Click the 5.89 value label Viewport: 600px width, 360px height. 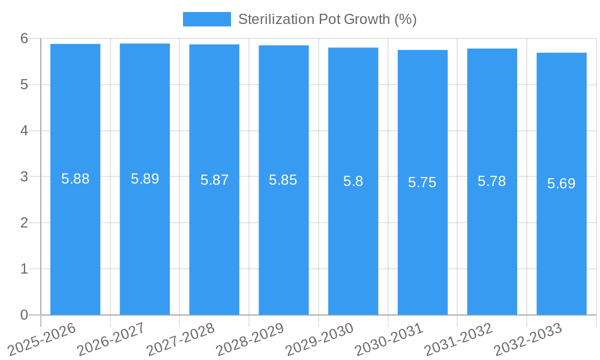[x=145, y=179]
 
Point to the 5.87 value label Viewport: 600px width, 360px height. [x=214, y=180]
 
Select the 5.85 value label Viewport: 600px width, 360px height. [x=283, y=180]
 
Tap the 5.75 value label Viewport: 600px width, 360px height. [x=422, y=183]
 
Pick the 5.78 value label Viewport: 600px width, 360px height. [x=492, y=181]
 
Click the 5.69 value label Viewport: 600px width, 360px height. [x=561, y=184]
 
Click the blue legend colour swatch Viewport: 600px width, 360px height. [x=206, y=19]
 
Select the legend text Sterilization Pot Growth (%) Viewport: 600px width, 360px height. [x=328, y=19]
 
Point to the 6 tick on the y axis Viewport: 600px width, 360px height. [x=25, y=38]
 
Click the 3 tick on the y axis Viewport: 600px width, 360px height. [x=25, y=177]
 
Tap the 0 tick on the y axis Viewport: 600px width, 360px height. [x=25, y=315]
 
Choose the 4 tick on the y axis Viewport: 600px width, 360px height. [x=25, y=131]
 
